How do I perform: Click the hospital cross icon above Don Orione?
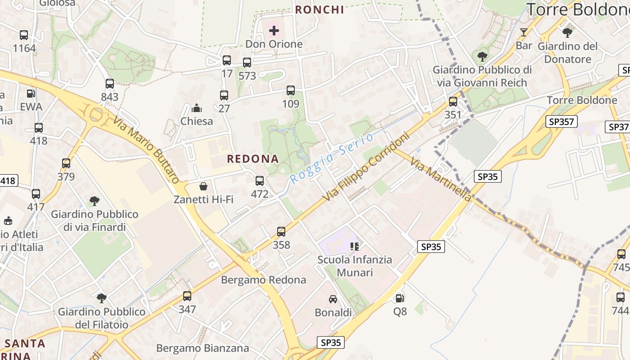tap(274, 31)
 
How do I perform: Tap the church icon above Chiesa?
tap(197, 108)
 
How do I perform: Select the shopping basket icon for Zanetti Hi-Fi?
tap(203, 186)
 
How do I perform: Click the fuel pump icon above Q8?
tap(399, 298)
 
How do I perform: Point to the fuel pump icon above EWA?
tap(31, 94)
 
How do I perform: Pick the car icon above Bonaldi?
tap(333, 299)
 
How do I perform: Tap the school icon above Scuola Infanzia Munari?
tap(355, 246)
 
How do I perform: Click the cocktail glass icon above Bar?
tap(524, 32)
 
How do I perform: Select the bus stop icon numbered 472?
tap(260, 181)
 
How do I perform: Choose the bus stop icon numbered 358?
tap(281, 232)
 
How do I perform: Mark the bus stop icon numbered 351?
tap(453, 102)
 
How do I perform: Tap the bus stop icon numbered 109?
tap(291, 90)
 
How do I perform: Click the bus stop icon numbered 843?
tap(110, 83)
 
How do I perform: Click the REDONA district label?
tap(253, 159)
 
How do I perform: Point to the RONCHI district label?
tap(319, 9)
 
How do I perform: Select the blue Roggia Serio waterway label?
tap(332, 158)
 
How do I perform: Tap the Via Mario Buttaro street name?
tap(146, 149)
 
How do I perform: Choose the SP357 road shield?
tap(562, 121)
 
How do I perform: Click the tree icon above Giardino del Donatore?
tap(567, 32)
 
